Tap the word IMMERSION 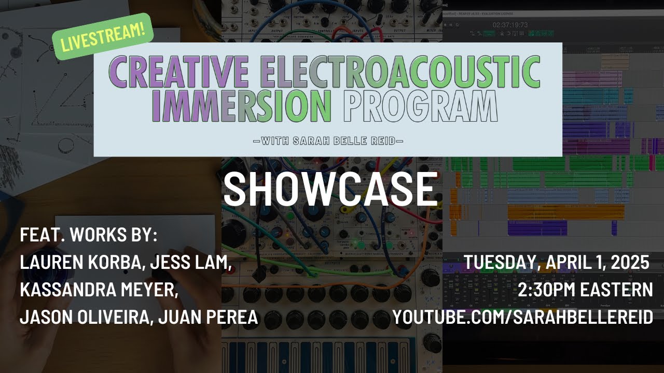pos(244,106)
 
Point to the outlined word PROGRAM pos(420,106)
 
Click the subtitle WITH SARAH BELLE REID pos(327,140)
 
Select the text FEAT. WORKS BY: pos(89,235)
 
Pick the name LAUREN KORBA pos(82,262)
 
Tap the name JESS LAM pos(191,262)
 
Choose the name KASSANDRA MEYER pos(99,290)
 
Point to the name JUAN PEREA pos(208,317)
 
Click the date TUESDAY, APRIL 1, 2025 pos(557,262)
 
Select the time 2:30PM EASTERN pos(585,290)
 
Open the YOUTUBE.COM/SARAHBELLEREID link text pos(522,317)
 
